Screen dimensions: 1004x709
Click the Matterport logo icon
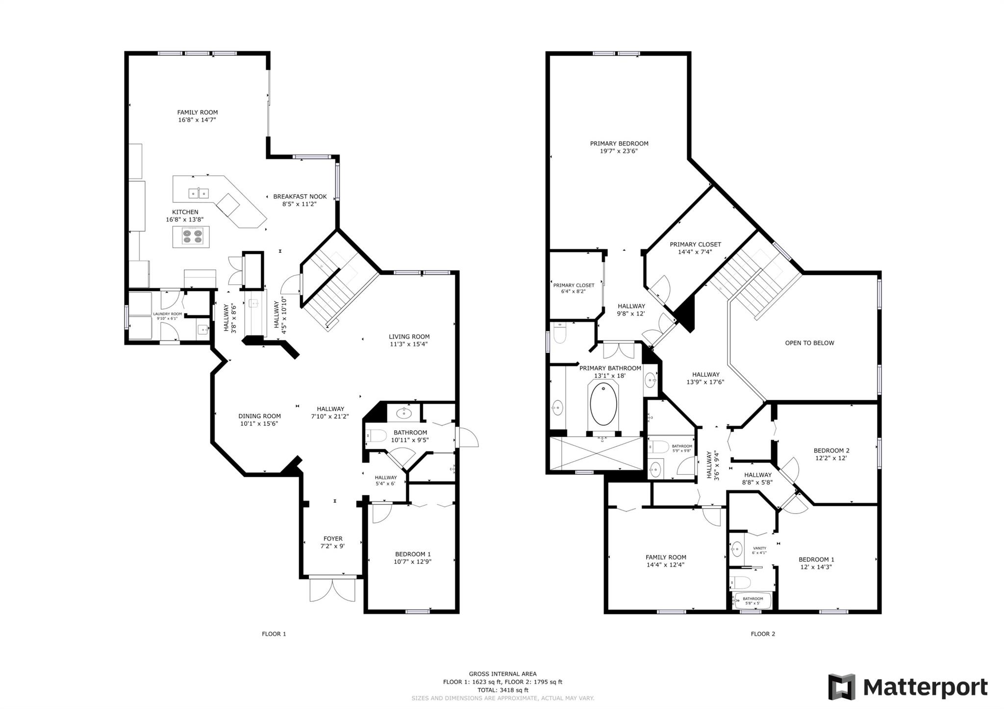(842, 687)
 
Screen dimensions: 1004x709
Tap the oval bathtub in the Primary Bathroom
(603, 404)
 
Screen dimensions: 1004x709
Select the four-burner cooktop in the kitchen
(192, 237)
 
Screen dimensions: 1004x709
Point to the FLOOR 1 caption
(274, 634)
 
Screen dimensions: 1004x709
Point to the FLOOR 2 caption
(763, 634)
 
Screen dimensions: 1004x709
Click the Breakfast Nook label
(300, 196)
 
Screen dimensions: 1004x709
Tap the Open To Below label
(809, 343)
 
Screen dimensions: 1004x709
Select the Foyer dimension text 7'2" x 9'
(333, 546)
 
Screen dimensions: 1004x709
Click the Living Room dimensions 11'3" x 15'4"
(409, 344)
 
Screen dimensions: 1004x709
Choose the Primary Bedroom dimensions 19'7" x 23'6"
(619, 151)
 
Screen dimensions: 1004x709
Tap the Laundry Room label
(168, 314)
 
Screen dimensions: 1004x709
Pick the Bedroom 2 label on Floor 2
(831, 451)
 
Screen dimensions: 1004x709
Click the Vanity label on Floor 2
(759, 548)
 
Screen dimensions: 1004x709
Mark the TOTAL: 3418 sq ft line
(502, 690)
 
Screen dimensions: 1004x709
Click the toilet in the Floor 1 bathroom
(376, 435)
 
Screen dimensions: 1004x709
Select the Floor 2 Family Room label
(666, 557)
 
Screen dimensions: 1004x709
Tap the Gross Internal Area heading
(502, 674)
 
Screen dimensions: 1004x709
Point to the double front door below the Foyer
(332, 589)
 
